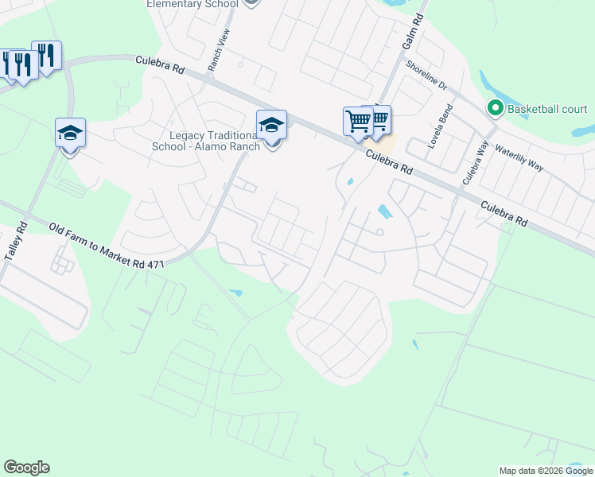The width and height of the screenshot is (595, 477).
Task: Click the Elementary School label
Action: pos(192,4)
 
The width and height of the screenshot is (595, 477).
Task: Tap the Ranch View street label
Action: pos(218,51)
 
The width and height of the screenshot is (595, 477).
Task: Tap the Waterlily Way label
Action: pos(519,158)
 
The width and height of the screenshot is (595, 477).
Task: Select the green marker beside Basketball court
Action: pos(495,107)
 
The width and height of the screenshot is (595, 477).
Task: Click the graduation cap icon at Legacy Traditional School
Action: pos(271,125)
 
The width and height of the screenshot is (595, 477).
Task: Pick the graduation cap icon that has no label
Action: pos(70,134)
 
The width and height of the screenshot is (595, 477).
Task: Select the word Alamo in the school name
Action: pos(224,145)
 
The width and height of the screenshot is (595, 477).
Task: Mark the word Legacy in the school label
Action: pos(187,134)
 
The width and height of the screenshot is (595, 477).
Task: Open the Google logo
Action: pos(26,467)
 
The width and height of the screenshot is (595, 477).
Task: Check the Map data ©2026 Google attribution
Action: pos(545,471)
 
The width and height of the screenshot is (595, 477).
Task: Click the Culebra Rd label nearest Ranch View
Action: pos(160,64)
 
